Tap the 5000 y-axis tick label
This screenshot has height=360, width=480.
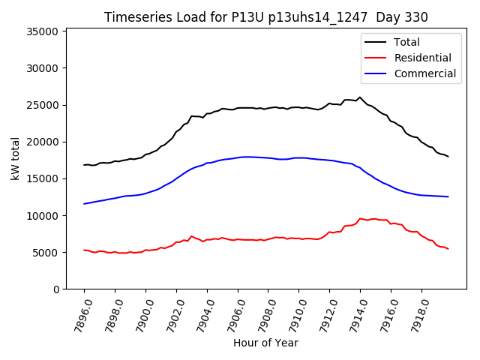[46, 252]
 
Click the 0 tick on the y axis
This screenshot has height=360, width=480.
[56, 289]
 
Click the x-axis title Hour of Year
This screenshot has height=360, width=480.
[265, 343]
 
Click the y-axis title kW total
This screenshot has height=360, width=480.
[15, 159]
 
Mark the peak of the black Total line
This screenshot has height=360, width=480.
[360, 97]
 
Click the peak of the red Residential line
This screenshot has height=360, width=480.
[360, 218]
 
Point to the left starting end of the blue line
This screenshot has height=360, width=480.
[84, 204]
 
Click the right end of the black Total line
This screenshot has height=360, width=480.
[448, 156]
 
